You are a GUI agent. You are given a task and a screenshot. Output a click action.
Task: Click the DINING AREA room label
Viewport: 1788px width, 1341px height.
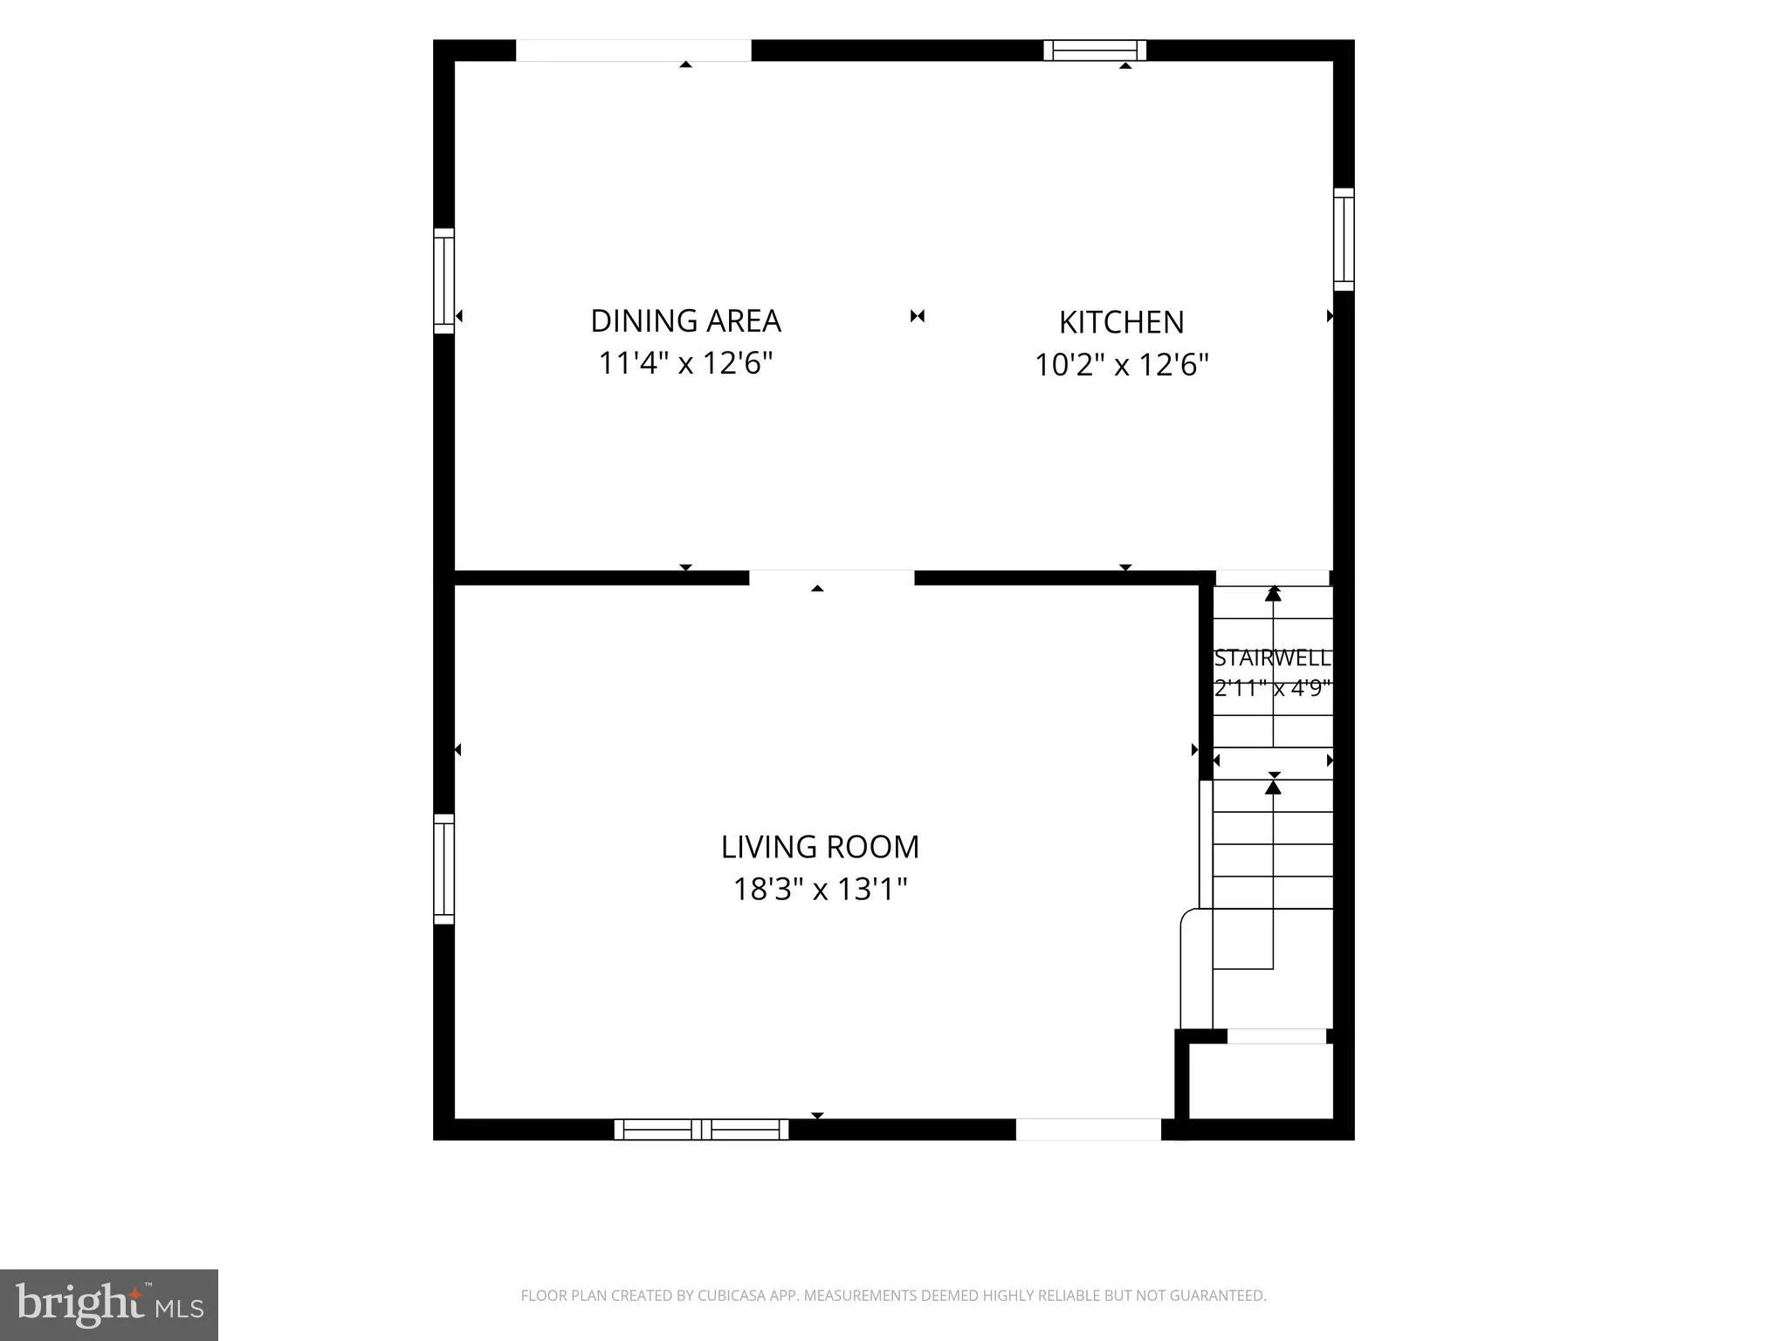coord(685,320)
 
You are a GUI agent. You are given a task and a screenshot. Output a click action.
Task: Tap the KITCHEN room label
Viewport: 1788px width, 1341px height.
coord(1121,322)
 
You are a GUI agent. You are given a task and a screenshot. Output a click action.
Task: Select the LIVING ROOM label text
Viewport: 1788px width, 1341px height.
coord(820,847)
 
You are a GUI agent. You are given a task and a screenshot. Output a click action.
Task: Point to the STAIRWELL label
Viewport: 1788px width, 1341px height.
coord(1273,658)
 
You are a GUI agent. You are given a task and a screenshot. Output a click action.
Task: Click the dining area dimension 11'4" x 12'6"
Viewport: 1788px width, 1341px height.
coord(685,362)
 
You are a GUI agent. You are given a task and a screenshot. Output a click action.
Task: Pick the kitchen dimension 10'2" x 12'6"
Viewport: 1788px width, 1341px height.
coord(1121,364)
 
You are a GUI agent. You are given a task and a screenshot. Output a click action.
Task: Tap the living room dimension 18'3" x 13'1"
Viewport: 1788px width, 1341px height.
coord(820,890)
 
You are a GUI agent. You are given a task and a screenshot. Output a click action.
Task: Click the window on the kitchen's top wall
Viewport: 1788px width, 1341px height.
coord(1095,51)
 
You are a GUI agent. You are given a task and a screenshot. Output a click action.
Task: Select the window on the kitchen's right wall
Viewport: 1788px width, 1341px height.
coord(1344,239)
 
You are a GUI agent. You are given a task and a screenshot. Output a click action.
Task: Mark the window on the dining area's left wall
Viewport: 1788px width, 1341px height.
coord(444,281)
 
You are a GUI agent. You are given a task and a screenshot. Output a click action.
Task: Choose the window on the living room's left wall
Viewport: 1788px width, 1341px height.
coord(444,869)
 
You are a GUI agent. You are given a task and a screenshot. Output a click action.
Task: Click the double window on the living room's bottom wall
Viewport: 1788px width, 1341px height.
coord(701,1129)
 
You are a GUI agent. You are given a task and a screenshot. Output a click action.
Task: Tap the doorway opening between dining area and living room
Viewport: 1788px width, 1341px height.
coord(832,578)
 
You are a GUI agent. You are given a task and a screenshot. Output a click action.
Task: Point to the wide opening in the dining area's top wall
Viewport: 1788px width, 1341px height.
coord(634,51)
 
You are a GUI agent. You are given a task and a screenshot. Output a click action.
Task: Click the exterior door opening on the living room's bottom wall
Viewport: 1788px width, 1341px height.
coord(1089,1129)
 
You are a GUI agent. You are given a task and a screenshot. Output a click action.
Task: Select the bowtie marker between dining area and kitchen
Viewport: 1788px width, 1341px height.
coord(917,316)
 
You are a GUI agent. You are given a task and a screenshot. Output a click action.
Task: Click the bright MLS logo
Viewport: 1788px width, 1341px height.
coord(109,1304)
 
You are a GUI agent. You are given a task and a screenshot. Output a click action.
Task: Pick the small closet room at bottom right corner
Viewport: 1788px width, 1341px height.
coord(1261,1081)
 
